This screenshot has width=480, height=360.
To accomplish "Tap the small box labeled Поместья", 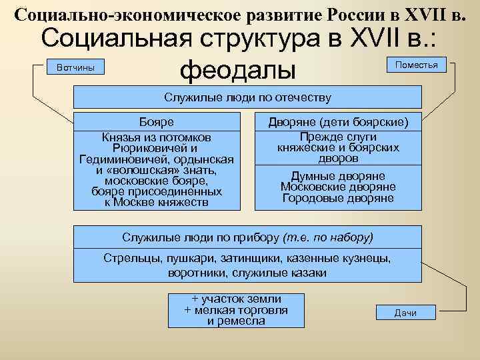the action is [x=416, y=65].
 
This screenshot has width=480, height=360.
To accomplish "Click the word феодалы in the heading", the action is [x=238, y=69].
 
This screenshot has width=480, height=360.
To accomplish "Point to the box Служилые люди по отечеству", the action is [x=247, y=98].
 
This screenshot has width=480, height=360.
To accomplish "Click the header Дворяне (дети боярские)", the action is [x=338, y=122].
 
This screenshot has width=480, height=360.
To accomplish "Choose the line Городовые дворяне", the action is [x=338, y=198].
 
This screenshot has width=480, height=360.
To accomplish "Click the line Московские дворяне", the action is [x=338, y=187].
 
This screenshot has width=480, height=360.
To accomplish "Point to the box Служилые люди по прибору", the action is [x=247, y=237].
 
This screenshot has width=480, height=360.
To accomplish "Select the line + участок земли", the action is [x=236, y=299].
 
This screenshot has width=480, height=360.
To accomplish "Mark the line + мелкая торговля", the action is [x=236, y=310].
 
